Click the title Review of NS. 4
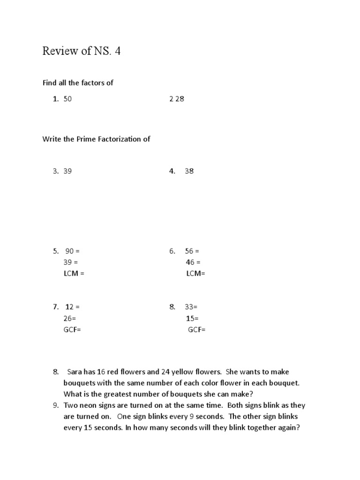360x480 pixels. click(x=81, y=51)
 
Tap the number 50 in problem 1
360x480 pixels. click(x=68, y=99)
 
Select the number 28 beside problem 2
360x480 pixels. click(x=180, y=99)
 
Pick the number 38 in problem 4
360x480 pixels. click(x=189, y=171)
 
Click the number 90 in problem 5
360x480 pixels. click(x=70, y=251)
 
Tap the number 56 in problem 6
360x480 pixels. click(x=189, y=251)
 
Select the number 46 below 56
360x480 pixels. click(x=189, y=262)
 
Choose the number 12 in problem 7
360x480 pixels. click(x=69, y=307)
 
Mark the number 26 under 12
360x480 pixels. click(x=68, y=318)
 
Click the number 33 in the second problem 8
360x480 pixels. click(x=189, y=307)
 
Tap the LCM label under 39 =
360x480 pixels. click(x=71, y=273)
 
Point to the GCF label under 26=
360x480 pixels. click(x=70, y=330)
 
